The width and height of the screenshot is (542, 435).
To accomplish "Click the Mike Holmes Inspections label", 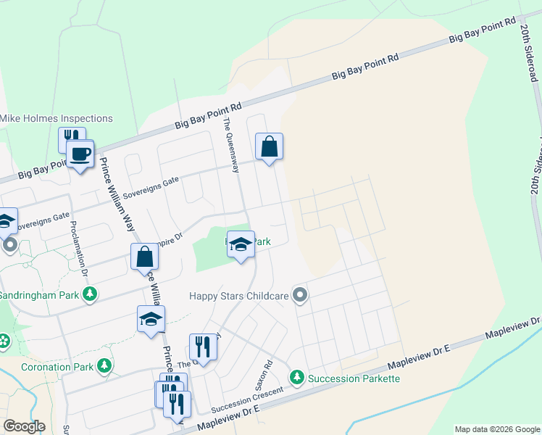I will [x=57, y=118].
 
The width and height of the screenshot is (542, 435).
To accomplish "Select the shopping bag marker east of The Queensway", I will [x=269, y=146].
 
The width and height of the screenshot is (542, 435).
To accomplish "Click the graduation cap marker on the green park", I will [x=241, y=245].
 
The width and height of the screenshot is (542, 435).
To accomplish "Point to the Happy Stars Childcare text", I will [x=239, y=295].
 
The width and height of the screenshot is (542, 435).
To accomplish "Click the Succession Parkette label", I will [x=354, y=378].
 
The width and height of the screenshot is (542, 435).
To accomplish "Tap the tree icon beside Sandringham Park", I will [x=90, y=295].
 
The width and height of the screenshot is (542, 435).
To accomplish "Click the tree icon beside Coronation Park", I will [x=105, y=365].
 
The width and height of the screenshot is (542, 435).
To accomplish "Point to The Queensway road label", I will [x=231, y=146].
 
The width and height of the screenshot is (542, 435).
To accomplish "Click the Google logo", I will [x=24, y=426].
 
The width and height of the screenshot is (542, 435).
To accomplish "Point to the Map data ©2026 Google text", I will [x=496, y=429].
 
